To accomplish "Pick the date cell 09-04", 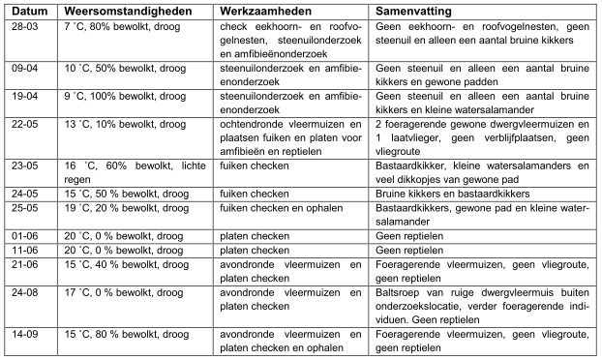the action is (x=25, y=71).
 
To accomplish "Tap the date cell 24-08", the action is (x=25, y=298).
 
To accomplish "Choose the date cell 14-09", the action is (x=25, y=336).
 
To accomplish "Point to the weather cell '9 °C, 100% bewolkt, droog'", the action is (x=124, y=96).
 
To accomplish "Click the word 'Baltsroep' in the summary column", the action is (x=397, y=298).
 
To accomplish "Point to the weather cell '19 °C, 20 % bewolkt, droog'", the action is (x=126, y=208).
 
